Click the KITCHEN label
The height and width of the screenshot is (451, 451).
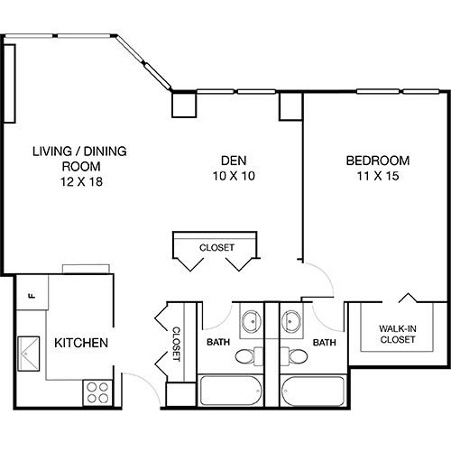click(81, 343)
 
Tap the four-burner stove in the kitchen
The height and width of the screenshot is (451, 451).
click(97, 392)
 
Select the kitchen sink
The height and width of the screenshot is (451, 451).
click(29, 354)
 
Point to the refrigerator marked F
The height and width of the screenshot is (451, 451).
click(32, 292)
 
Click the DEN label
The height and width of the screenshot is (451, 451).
click(234, 161)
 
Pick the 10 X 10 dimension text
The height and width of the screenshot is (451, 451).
click(234, 176)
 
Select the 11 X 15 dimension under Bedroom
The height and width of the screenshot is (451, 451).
click(378, 176)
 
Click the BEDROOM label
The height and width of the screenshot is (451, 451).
click(378, 161)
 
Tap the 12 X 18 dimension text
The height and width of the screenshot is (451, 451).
click(81, 181)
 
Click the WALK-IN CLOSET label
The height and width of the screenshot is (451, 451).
click(398, 334)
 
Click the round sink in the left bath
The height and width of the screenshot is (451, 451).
click(252, 321)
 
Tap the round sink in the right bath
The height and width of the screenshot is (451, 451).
click(290, 321)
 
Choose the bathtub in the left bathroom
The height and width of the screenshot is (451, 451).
click(231, 391)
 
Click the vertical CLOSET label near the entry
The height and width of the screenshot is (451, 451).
click(176, 344)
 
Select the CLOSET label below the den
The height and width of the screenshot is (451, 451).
click(216, 247)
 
